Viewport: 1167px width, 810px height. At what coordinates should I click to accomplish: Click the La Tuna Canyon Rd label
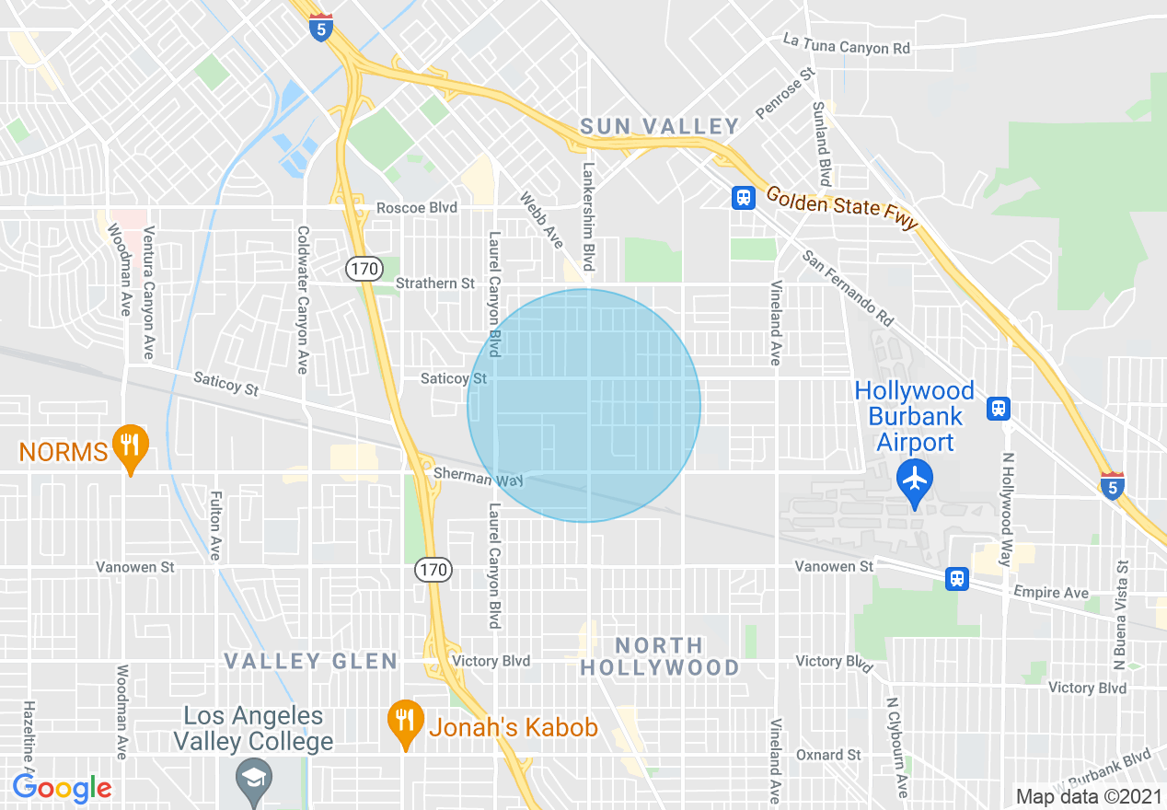[846, 47]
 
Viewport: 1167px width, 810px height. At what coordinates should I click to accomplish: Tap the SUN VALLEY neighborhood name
[659, 126]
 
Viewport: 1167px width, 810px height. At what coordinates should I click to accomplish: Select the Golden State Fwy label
[842, 209]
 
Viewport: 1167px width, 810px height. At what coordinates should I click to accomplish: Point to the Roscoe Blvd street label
[416, 208]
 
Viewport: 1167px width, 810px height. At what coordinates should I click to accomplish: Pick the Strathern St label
[434, 283]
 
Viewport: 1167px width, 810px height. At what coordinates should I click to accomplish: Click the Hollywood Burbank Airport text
[914, 416]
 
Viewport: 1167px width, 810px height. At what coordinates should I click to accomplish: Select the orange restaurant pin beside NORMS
[130, 445]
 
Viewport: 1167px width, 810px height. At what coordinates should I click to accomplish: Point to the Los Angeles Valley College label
[253, 728]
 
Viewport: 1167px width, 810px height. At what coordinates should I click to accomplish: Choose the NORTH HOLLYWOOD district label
[660, 656]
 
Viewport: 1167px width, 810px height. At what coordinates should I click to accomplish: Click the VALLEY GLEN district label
[311, 661]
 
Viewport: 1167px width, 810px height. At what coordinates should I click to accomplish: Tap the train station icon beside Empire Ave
[957, 578]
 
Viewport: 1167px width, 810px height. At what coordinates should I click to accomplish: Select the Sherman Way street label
[478, 476]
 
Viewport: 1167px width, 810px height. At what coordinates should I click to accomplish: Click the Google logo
[62, 789]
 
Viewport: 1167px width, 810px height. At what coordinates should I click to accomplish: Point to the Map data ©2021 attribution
[1087, 796]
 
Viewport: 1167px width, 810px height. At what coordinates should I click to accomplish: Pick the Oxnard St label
[828, 755]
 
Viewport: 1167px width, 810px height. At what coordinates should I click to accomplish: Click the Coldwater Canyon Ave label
[301, 299]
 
